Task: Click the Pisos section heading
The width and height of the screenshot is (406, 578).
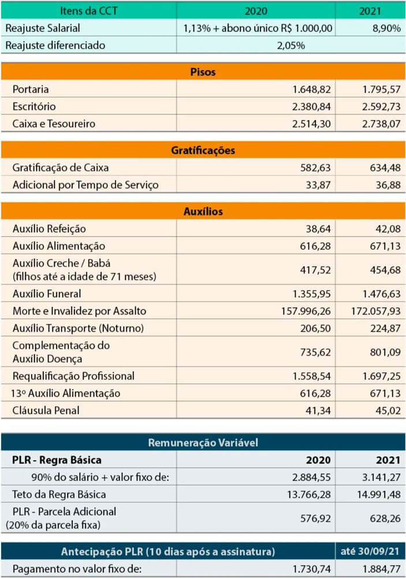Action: tap(203, 72)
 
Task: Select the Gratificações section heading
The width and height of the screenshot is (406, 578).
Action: tap(203, 150)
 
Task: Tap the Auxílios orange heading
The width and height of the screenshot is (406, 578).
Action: tap(203, 211)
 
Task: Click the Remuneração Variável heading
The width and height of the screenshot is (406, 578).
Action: tap(203, 442)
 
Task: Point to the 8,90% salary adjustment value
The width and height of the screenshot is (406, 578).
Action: tap(386, 28)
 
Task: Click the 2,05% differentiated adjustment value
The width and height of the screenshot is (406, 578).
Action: tap(290, 45)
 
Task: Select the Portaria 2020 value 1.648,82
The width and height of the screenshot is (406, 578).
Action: tap(311, 89)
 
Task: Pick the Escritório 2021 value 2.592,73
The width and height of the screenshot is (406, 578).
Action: tap(381, 106)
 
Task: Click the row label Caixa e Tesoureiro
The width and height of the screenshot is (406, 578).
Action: tap(54, 124)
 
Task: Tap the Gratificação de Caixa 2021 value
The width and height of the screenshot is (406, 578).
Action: tap(385, 168)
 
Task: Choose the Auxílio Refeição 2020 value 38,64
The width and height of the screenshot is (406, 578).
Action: tap(318, 229)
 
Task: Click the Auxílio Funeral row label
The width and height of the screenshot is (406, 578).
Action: tap(47, 294)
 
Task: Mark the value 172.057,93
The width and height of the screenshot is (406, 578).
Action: tap(375, 311)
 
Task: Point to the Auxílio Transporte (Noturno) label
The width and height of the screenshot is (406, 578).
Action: tap(78, 328)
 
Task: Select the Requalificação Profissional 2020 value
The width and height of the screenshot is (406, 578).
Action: tap(311, 376)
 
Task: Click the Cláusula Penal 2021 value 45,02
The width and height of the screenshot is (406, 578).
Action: tap(388, 410)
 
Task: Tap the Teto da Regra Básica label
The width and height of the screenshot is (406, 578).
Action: tap(59, 494)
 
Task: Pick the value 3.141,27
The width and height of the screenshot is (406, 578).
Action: tap(381, 477)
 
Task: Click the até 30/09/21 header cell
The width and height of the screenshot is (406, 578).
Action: tap(370, 551)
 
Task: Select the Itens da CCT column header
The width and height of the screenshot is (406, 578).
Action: tap(89, 10)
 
